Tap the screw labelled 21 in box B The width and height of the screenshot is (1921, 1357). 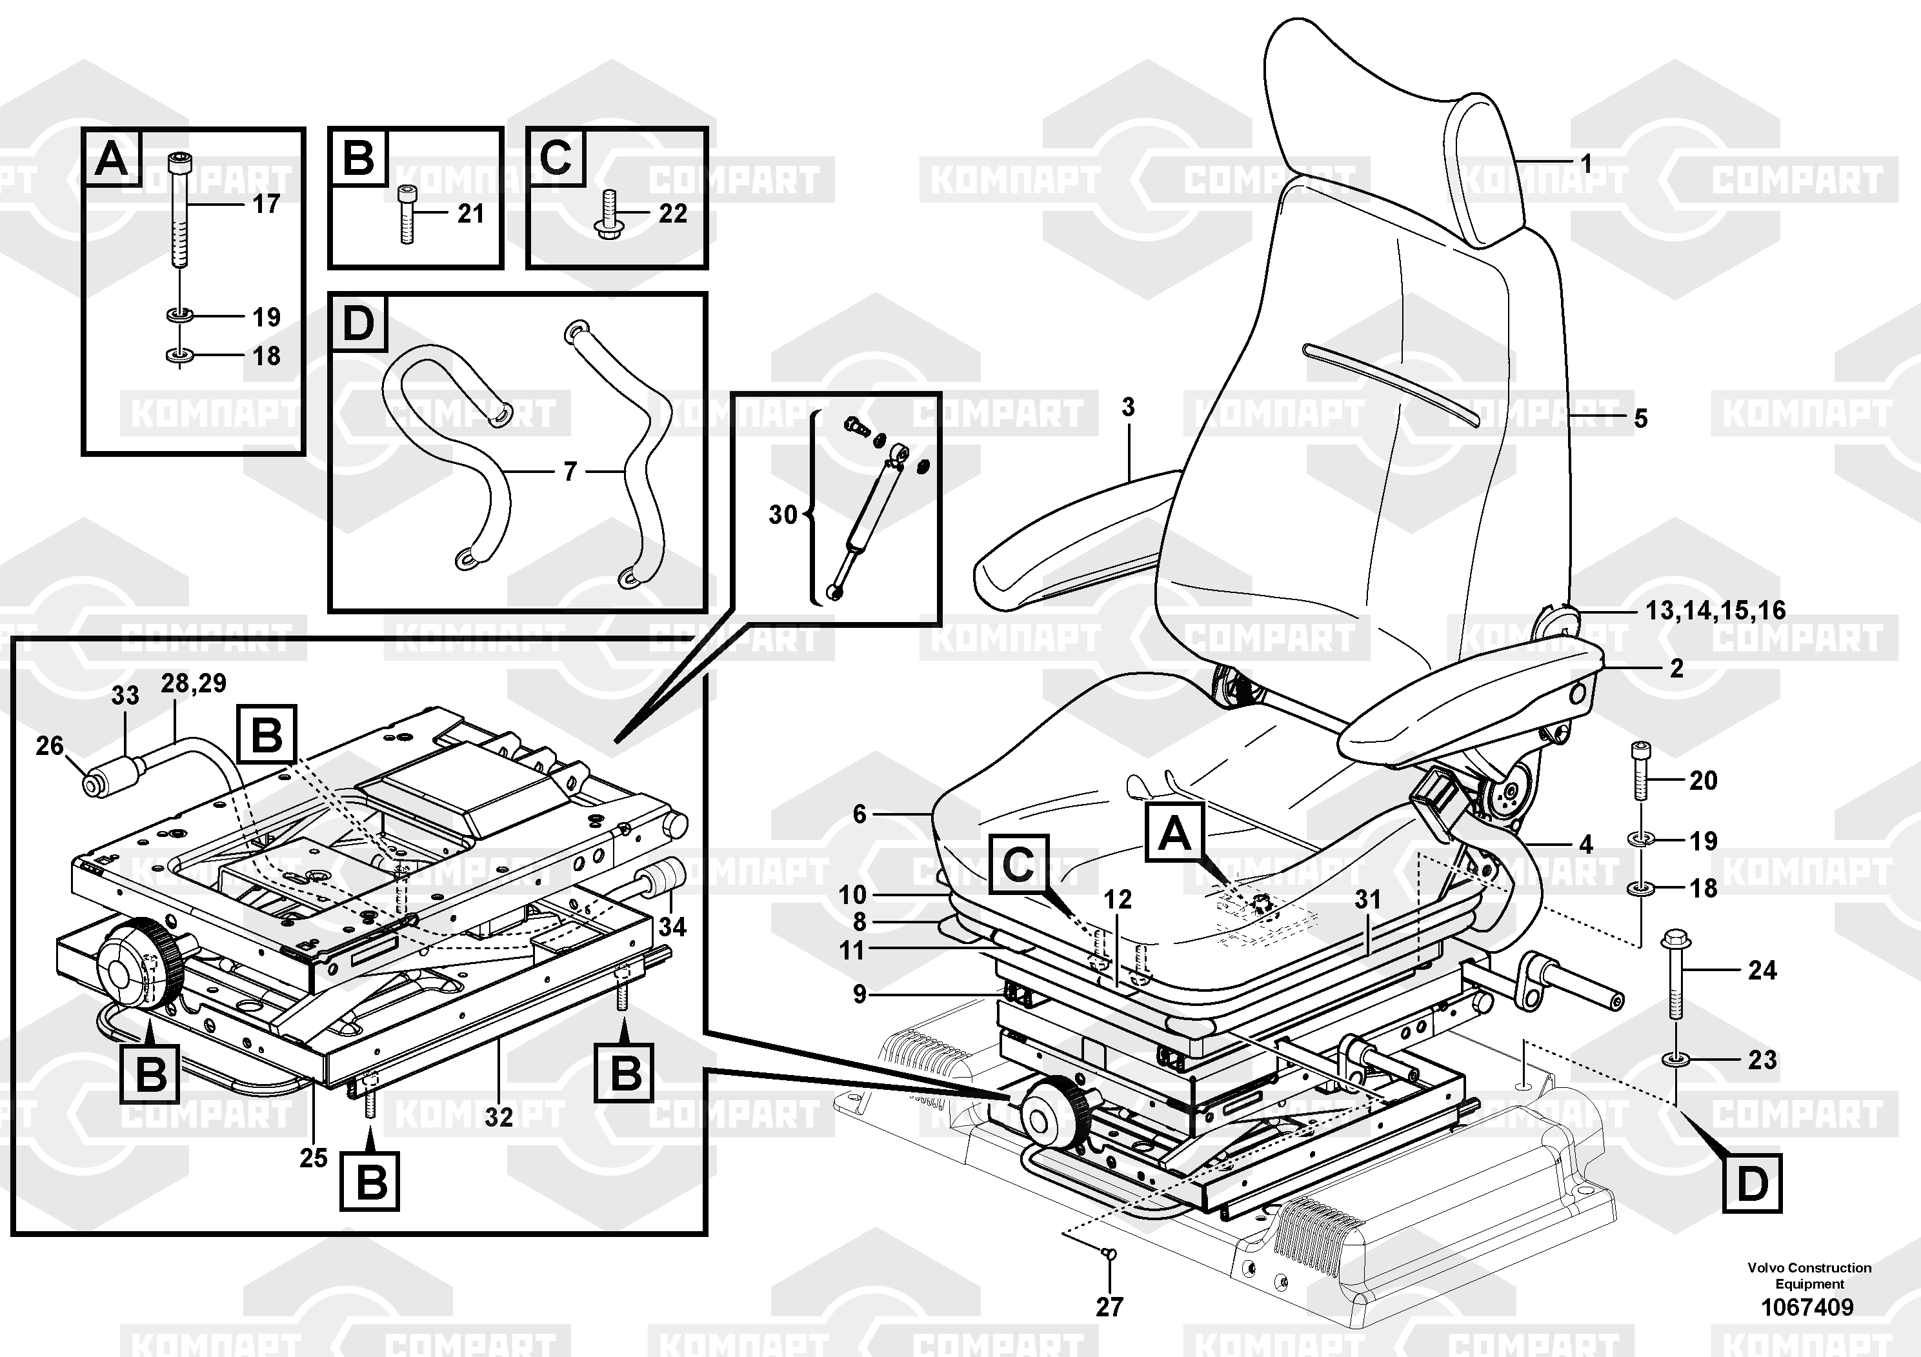point(406,214)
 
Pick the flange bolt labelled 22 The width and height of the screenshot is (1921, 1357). point(606,214)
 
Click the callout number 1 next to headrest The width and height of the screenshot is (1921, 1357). point(1585,164)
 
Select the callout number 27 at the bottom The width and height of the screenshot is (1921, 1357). point(1109,1307)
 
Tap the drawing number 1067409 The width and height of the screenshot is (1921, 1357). point(1807,1307)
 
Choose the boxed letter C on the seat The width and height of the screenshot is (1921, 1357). point(1018,863)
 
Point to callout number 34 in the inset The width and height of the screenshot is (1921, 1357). point(672,927)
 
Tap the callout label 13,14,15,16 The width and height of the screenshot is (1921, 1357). point(1715,610)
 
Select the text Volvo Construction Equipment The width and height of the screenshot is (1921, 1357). point(1809,1276)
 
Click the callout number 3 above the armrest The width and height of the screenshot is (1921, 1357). point(1128,407)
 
